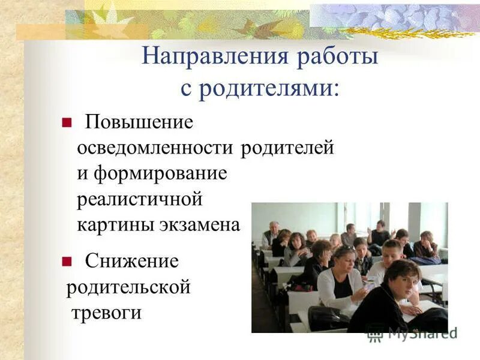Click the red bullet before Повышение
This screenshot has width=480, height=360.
[x=67, y=123]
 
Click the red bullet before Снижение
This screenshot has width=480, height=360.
[x=67, y=261]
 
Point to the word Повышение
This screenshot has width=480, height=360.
[x=139, y=122]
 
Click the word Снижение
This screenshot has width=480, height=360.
[x=131, y=261]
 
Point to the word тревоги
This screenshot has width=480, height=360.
[x=106, y=313]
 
